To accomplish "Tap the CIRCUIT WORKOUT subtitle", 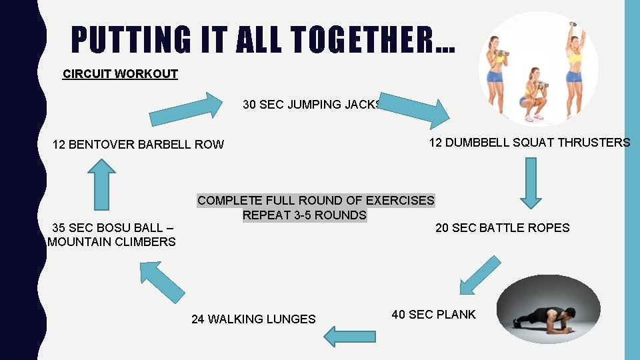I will point(120,74).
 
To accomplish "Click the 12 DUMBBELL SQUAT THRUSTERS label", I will point(529,143).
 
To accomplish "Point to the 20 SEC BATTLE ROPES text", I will point(502,228).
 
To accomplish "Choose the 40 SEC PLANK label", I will point(433,315).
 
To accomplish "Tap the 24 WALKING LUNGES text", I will point(253,319).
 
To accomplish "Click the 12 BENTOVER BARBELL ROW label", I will point(138,145).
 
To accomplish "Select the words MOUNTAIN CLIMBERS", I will point(111,242).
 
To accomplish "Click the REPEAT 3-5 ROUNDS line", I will point(304,215).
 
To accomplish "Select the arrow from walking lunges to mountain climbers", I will point(161,281).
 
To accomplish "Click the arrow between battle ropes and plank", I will point(479,275).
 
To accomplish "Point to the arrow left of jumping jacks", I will point(186,109).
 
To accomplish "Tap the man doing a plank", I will point(547,312).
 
